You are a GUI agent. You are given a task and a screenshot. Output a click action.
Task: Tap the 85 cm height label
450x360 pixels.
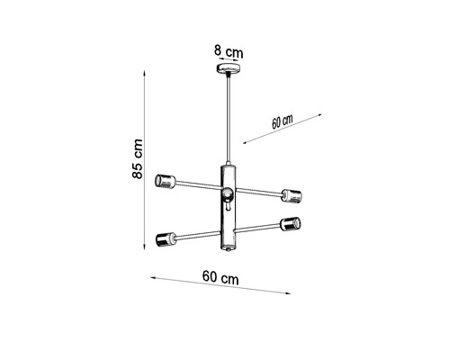click(137, 159)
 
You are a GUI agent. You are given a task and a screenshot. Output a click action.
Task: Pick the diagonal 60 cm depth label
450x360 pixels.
click(282, 122)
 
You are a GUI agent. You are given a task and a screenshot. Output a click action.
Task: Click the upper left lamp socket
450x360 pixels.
click(165, 179)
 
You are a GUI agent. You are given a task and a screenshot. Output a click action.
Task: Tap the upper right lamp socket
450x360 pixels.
click(291, 194)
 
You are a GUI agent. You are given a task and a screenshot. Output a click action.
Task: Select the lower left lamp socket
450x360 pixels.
click(164, 239)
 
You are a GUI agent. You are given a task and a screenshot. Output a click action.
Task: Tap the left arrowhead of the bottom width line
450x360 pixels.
click(151, 277)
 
